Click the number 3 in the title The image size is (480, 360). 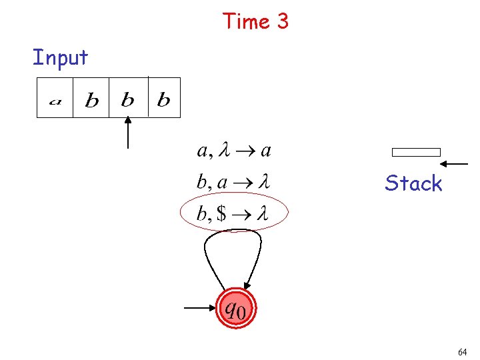click(x=282, y=22)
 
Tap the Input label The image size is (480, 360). click(x=60, y=58)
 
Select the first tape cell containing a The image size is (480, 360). click(x=55, y=99)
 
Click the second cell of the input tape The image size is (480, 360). click(x=91, y=99)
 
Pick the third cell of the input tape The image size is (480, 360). click(x=127, y=99)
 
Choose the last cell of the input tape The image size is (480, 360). click(x=163, y=99)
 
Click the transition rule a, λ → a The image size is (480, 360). click(x=234, y=151)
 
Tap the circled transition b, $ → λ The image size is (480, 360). click(x=233, y=213)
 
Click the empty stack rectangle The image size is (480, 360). click(x=416, y=152)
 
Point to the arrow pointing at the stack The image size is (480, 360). click(x=455, y=163)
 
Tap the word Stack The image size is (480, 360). click(x=413, y=183)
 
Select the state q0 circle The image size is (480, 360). click(x=235, y=308)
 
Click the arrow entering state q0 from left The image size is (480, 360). click(x=199, y=308)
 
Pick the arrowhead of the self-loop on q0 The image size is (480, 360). click(x=247, y=283)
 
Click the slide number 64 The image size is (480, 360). click(x=463, y=351)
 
